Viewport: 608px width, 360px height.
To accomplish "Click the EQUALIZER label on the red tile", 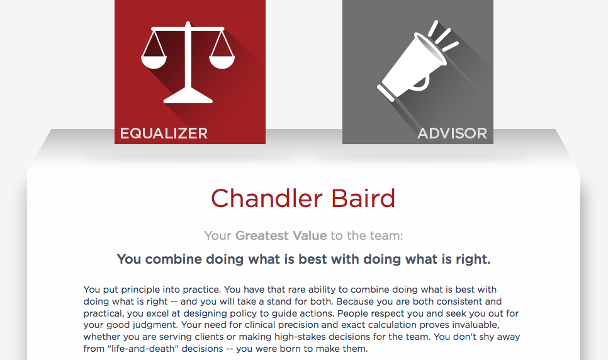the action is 164,133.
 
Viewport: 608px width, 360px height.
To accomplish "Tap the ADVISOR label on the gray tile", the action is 452,133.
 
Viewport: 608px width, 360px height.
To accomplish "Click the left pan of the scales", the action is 154,62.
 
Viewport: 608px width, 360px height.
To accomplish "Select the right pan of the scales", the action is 222,62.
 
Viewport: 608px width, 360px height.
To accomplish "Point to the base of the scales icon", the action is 188,96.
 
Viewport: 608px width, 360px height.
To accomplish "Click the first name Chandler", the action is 266,198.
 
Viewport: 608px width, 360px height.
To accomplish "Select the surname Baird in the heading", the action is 363,198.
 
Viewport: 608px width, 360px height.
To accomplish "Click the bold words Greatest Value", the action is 281,235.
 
